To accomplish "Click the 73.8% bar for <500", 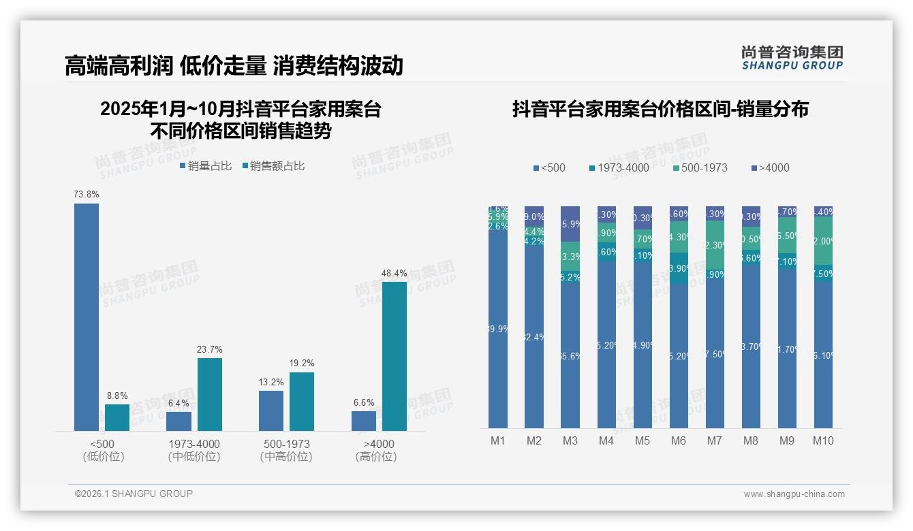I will click(87, 317).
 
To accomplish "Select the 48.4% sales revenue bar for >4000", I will click(394, 356).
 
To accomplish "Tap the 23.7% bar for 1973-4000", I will click(210, 394).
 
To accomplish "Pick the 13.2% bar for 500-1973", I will click(271, 411).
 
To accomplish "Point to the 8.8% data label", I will click(117, 396).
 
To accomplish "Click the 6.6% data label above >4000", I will click(364, 402).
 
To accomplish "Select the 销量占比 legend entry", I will click(206, 165).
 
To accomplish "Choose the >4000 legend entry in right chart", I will click(771, 167).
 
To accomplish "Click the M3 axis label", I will click(570, 440).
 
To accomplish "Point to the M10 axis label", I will click(823, 440).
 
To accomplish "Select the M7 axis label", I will click(714, 440).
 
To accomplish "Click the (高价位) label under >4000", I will click(375, 457).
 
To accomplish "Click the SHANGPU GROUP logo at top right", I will click(792, 58).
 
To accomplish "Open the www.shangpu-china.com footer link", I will click(794, 494).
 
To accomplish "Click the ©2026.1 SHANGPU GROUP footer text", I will click(134, 494).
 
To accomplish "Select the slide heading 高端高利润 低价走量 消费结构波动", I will click(234, 65).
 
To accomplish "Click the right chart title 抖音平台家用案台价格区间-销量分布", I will click(660, 109).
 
